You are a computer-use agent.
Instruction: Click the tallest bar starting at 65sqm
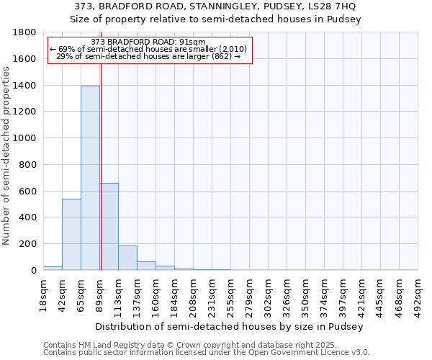click(90, 178)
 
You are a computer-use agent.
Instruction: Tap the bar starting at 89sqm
click(109, 226)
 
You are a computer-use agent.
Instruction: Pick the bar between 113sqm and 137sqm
click(127, 258)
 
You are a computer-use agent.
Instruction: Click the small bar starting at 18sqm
click(53, 268)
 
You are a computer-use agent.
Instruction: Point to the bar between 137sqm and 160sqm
click(146, 266)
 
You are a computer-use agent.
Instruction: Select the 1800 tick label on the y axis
click(25, 32)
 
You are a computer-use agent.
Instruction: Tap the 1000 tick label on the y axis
click(25, 138)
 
